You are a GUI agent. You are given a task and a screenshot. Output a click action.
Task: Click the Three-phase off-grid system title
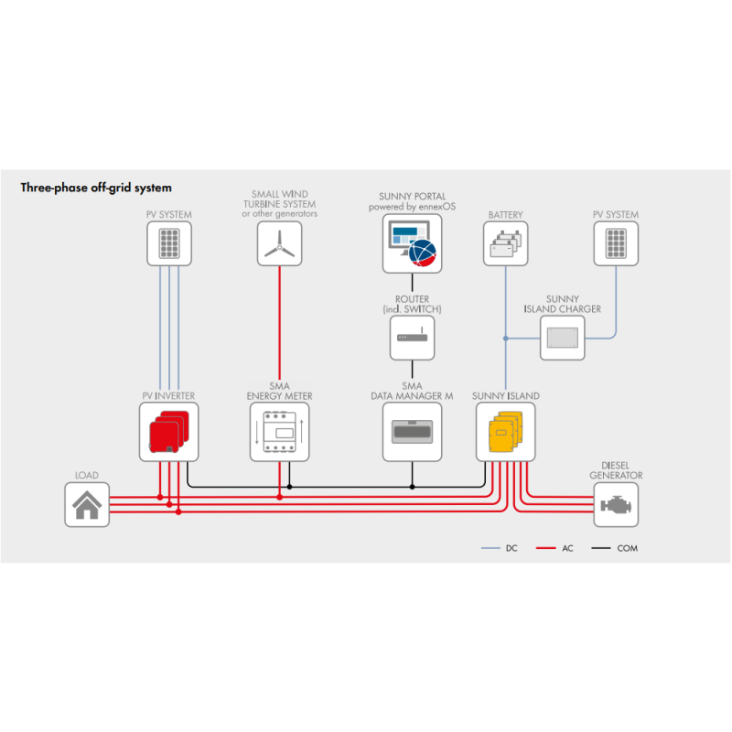pyautogui.click(x=96, y=188)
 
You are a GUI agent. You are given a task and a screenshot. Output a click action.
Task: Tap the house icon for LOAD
pyautogui.click(x=87, y=505)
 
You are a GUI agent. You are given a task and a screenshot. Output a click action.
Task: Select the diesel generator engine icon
pyautogui.click(x=616, y=505)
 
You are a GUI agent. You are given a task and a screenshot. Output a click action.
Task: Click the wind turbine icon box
pyautogui.click(x=279, y=243)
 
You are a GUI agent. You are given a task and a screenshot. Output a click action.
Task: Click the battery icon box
pyautogui.click(x=505, y=243)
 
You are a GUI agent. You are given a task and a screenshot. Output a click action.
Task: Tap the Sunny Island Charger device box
pyautogui.click(x=562, y=339)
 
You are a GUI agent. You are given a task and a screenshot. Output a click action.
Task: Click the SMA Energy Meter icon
pyautogui.click(x=279, y=432)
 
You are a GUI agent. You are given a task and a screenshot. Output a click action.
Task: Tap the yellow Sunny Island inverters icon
pyautogui.click(x=505, y=432)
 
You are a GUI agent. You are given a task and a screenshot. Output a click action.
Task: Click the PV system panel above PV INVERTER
pyautogui.click(x=169, y=243)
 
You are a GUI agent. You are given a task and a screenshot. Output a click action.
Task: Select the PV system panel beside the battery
pyautogui.click(x=616, y=243)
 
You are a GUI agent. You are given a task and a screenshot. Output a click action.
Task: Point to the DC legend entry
pyautogui.click(x=500, y=548)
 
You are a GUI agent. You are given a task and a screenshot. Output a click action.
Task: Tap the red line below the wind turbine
pyautogui.click(x=279, y=329)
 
